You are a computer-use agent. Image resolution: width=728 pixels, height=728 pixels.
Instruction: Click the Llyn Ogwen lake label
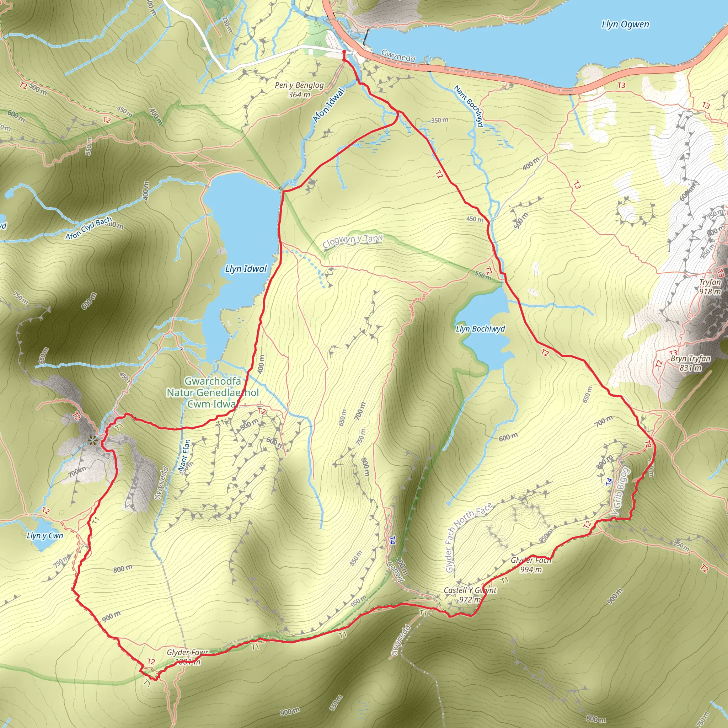pos(625,25)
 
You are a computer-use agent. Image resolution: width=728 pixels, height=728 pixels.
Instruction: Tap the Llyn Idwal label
pos(246,269)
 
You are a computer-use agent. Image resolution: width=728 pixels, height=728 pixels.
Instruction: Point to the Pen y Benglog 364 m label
pos(299,90)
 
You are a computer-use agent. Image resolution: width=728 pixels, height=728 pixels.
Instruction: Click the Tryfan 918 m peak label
pos(710,287)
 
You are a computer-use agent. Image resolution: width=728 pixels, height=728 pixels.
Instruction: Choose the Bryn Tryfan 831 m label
pos(690,363)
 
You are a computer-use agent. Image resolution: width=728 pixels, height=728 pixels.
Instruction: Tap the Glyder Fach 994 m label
pos(531,565)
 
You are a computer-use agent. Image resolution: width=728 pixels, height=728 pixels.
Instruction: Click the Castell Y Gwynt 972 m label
pos(470,595)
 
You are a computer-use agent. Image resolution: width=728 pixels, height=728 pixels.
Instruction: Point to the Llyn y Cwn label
pos(45,535)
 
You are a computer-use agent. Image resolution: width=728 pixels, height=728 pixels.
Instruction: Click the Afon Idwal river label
pos(328,105)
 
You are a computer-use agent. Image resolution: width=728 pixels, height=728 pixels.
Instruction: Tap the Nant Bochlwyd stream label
pos(469,106)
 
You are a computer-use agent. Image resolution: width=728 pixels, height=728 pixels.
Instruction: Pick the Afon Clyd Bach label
pos(89,228)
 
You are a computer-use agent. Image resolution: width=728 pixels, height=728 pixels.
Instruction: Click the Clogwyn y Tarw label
pos(352,241)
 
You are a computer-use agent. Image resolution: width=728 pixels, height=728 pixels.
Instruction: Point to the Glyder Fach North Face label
pos(468,537)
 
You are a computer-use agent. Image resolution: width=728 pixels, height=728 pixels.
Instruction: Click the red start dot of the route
pos(344,52)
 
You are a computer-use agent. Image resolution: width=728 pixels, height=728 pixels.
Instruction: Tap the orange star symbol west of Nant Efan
pos(92,440)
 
